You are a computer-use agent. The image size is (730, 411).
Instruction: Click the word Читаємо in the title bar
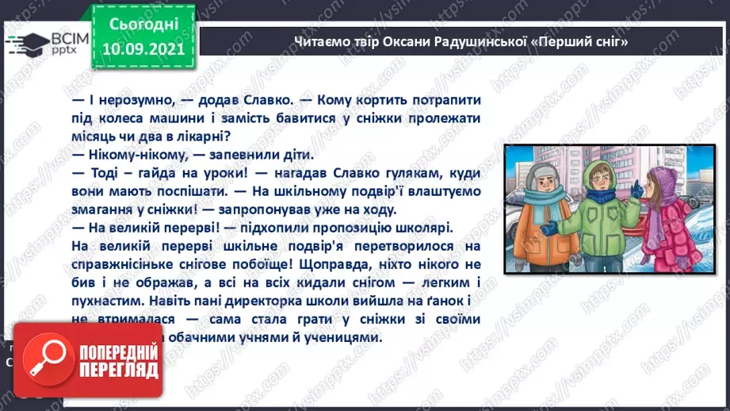(318, 41)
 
